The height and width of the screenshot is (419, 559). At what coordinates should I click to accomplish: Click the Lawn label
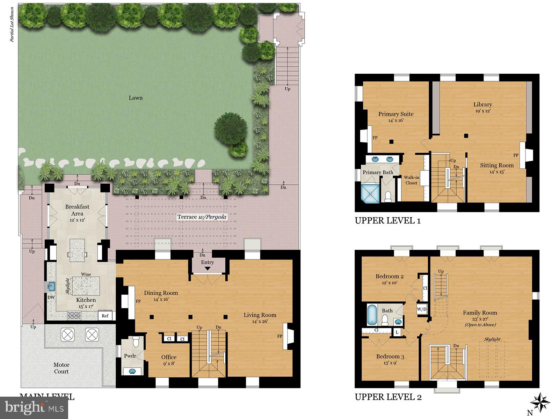click(136, 98)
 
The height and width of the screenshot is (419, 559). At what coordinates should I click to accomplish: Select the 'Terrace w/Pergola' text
click(202, 217)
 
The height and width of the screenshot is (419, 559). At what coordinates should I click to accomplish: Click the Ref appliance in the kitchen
click(105, 316)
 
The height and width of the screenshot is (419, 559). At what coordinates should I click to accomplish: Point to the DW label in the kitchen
click(51, 297)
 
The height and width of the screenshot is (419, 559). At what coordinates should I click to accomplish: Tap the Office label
click(169, 357)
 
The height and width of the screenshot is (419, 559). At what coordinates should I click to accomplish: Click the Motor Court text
click(61, 368)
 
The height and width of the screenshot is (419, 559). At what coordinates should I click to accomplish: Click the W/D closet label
click(421, 309)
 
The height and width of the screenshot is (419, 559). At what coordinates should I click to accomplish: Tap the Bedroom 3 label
click(390, 356)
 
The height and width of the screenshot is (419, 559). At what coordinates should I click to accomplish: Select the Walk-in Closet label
click(411, 180)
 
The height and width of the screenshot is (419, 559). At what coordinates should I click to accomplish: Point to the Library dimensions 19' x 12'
click(482, 111)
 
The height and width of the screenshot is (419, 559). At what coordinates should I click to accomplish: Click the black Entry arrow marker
click(208, 269)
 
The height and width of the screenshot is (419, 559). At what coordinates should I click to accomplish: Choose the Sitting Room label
click(496, 165)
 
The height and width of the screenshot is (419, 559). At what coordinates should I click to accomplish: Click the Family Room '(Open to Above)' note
click(480, 324)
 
